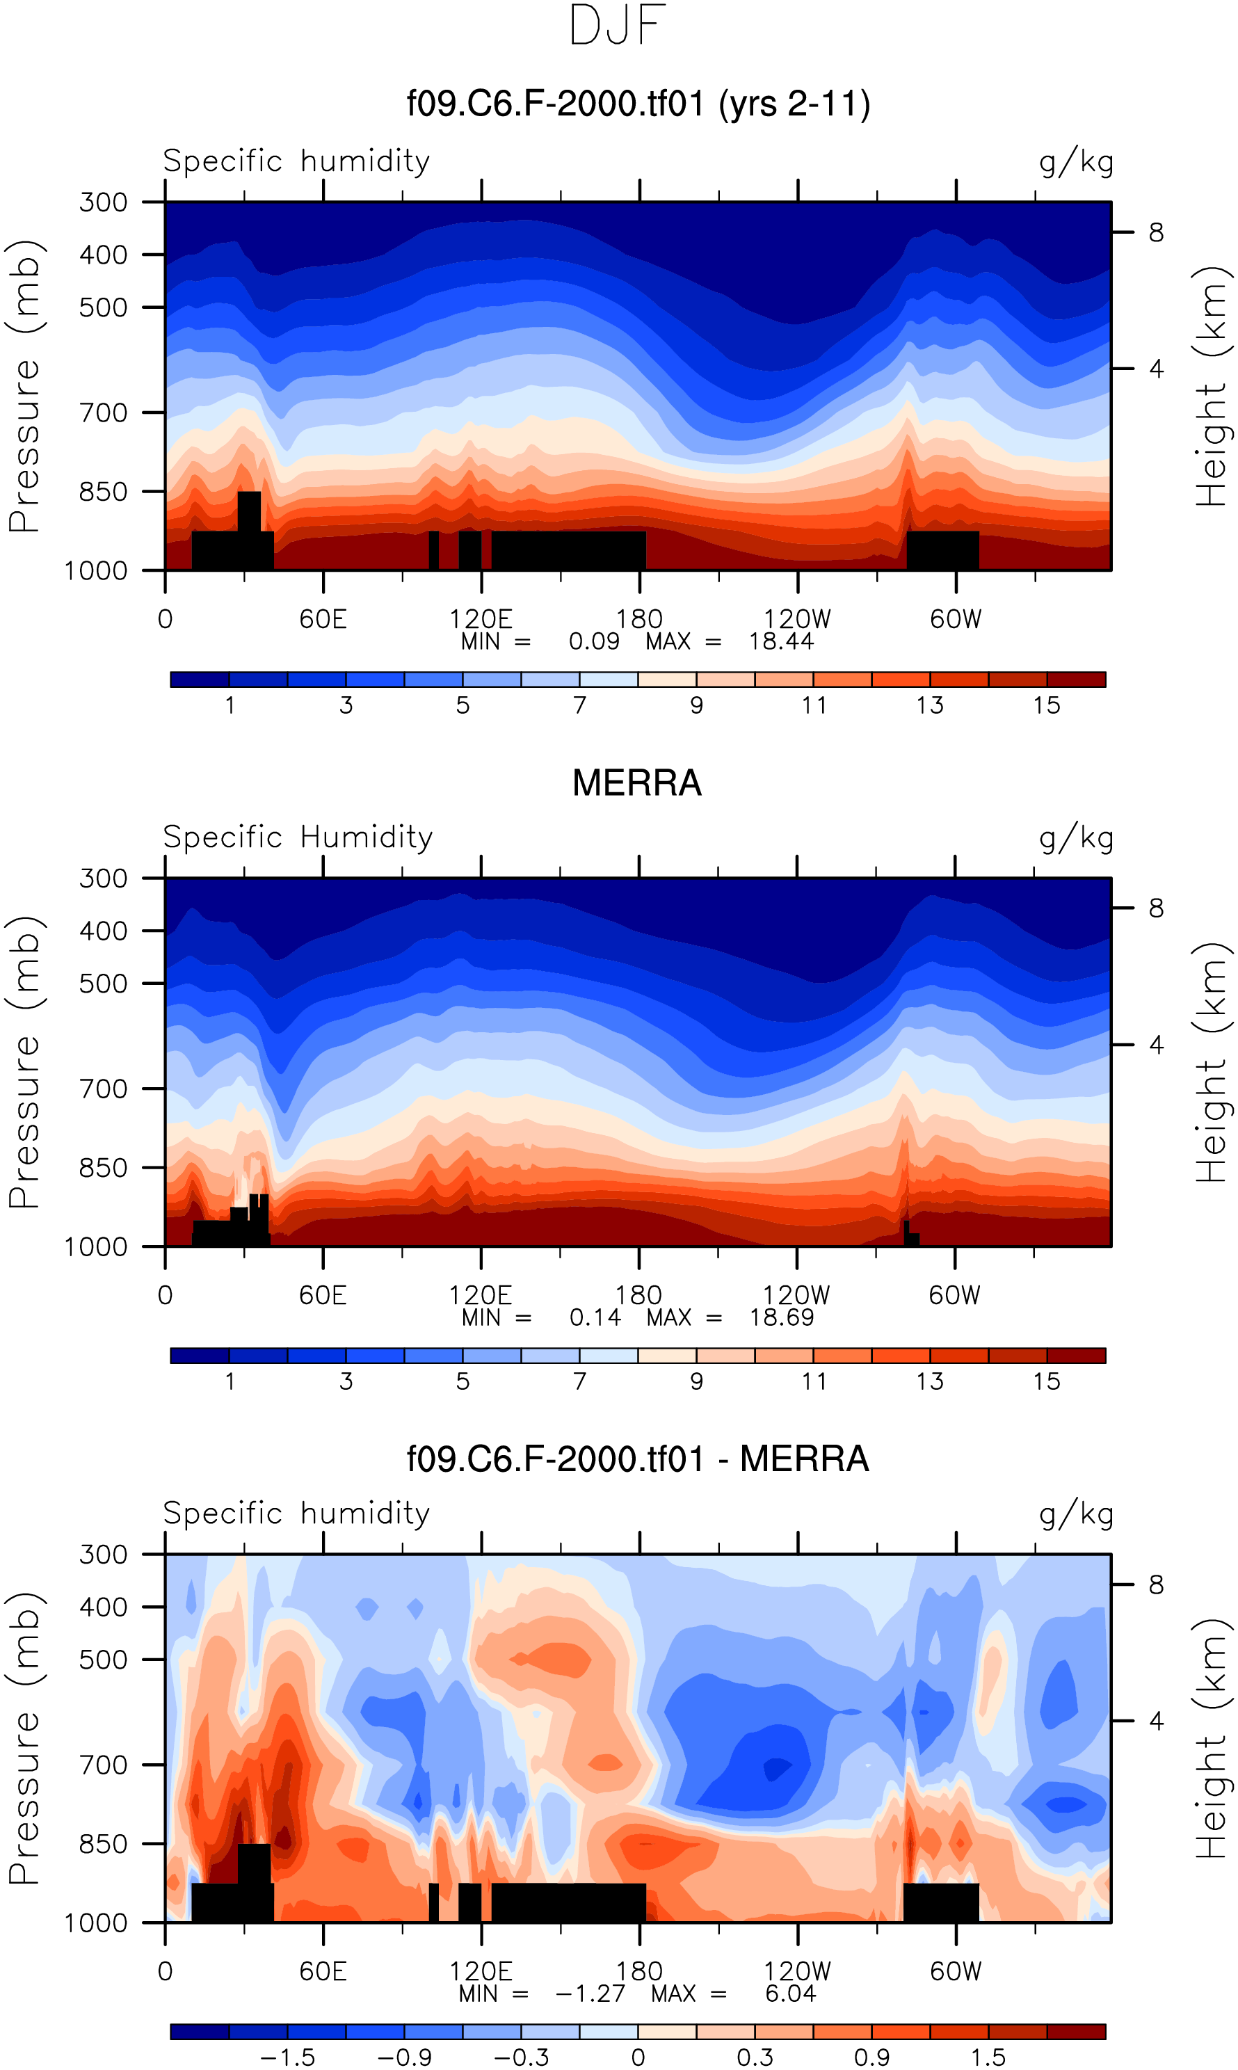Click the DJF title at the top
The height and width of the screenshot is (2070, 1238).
pyautogui.click(x=618, y=26)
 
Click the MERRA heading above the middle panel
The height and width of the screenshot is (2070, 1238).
pyautogui.click(x=636, y=783)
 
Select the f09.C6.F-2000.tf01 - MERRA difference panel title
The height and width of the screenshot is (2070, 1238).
pyautogui.click(x=637, y=1459)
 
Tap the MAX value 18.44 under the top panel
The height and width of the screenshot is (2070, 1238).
pyautogui.click(x=781, y=641)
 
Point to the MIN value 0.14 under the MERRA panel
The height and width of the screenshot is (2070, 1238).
pyautogui.click(x=595, y=1317)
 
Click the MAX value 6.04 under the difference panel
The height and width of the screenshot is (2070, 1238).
pyautogui.click(x=790, y=1993)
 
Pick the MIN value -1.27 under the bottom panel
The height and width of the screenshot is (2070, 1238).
pyautogui.click(x=590, y=1993)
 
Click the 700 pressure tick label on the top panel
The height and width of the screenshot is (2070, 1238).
pyautogui.click(x=104, y=413)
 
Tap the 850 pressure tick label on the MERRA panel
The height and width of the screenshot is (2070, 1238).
pyautogui.click(x=104, y=1168)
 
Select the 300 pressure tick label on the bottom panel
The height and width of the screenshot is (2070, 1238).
pyautogui.click(x=104, y=1555)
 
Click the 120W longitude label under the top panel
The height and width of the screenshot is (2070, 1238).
pyautogui.click(x=798, y=619)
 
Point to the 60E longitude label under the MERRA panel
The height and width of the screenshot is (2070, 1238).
pyautogui.click(x=323, y=1295)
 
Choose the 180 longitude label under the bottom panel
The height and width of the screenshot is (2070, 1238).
pyautogui.click(x=639, y=1971)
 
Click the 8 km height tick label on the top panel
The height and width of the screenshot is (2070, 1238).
pyautogui.click(x=1155, y=233)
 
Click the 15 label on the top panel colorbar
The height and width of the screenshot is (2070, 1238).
pyautogui.click(x=1046, y=706)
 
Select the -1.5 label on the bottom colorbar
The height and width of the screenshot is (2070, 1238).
pyautogui.click(x=288, y=2057)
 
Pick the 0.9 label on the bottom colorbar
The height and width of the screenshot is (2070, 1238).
pyautogui.click(x=871, y=2057)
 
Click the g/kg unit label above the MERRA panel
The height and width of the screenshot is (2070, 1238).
pyautogui.click(x=1076, y=837)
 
